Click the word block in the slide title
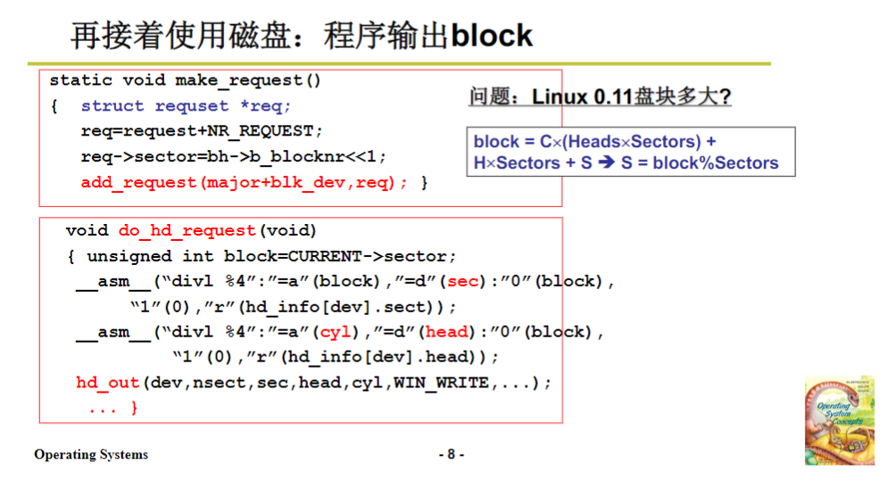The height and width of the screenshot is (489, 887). [x=492, y=36]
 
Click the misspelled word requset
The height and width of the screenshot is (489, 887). [x=192, y=106]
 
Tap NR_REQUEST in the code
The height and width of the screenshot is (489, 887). [x=261, y=131]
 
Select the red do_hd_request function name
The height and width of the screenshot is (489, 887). [x=187, y=231]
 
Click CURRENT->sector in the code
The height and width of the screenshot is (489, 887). [x=372, y=256]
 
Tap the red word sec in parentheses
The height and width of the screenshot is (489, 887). [x=463, y=281]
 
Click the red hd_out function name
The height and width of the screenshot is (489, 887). [x=107, y=383]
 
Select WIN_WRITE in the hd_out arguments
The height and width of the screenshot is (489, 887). [x=441, y=383]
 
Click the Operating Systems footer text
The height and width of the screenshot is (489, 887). [x=91, y=455]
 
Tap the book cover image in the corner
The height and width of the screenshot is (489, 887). [x=839, y=419]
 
